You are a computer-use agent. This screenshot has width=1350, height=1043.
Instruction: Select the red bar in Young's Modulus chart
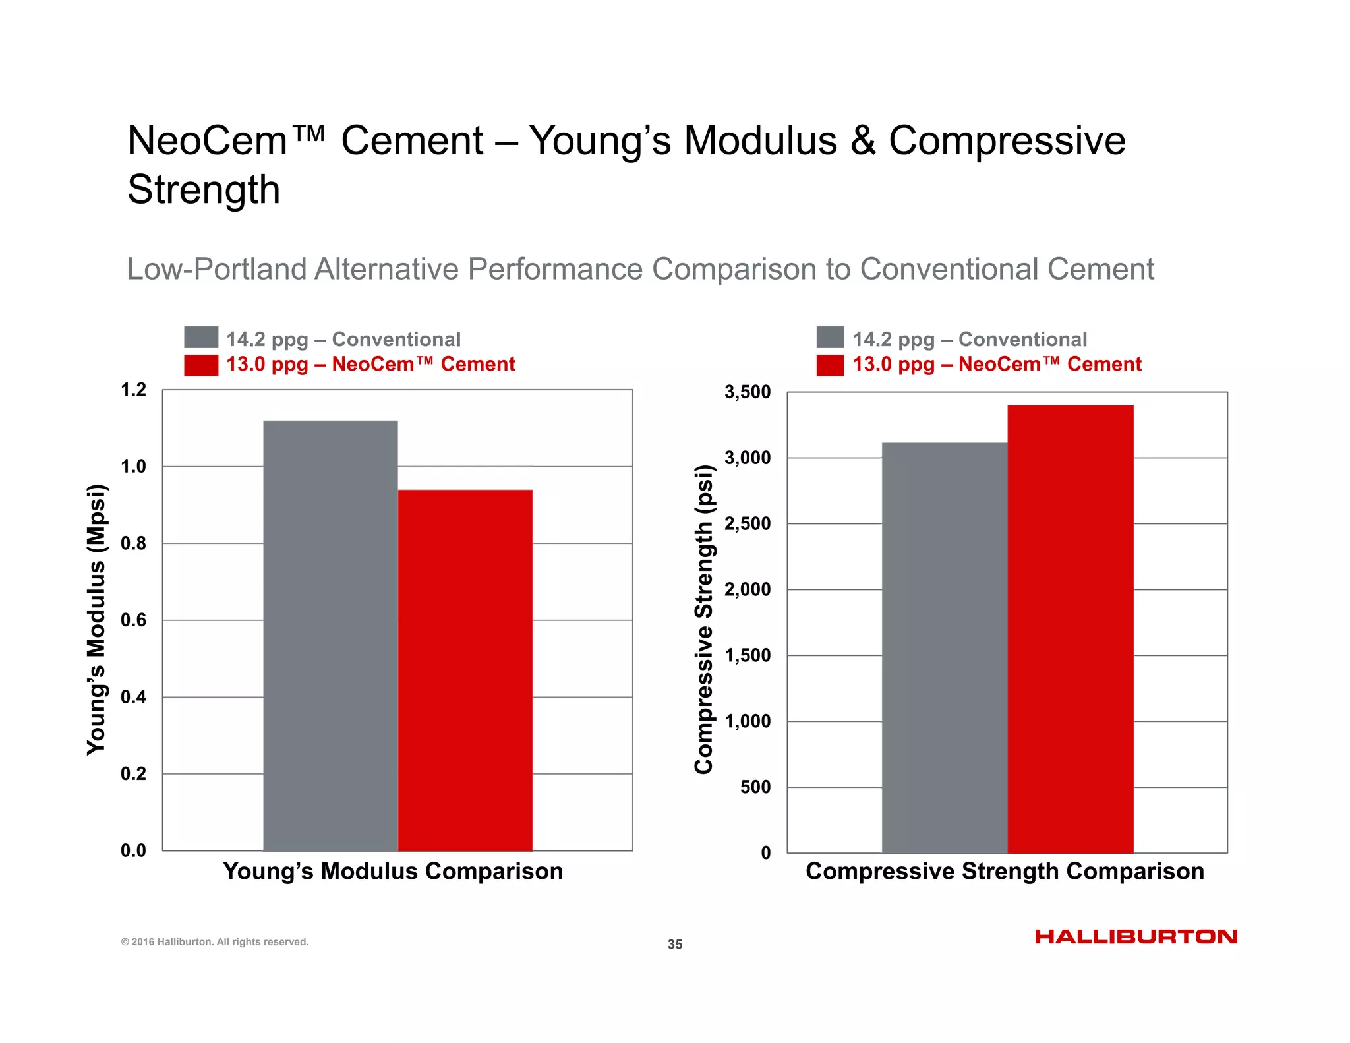coord(465,670)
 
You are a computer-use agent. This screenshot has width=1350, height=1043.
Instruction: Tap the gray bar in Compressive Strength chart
coord(944,647)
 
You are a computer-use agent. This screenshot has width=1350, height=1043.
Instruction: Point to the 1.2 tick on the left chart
coord(133,390)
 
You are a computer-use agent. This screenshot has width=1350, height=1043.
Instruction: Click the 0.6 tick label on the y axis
coord(133,620)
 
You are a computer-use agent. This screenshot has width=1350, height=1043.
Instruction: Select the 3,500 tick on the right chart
coord(747,392)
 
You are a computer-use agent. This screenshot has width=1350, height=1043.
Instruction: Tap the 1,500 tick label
coord(747,655)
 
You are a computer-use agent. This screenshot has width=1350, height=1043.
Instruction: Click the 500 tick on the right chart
coord(755,787)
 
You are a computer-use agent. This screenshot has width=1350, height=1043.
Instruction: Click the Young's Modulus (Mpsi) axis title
coord(96,619)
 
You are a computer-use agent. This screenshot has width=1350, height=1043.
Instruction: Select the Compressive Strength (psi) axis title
coord(704,619)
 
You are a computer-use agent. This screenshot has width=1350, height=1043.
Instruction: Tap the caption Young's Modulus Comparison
coord(393,872)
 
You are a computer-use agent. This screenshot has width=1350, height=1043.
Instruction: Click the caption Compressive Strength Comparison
coord(1005,872)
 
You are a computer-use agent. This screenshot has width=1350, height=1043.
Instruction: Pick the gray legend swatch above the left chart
coord(201,338)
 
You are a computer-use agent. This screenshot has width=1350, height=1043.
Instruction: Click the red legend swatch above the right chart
coord(830,365)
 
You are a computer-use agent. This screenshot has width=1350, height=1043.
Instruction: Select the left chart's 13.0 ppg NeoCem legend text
coord(370,365)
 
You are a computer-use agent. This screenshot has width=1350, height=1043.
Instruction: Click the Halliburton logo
coord(1136,937)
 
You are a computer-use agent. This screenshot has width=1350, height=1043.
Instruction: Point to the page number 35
coord(675,945)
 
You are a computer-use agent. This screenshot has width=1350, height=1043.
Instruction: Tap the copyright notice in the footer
coord(215,942)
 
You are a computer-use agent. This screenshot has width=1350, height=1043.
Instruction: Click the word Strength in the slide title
coord(204,190)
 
